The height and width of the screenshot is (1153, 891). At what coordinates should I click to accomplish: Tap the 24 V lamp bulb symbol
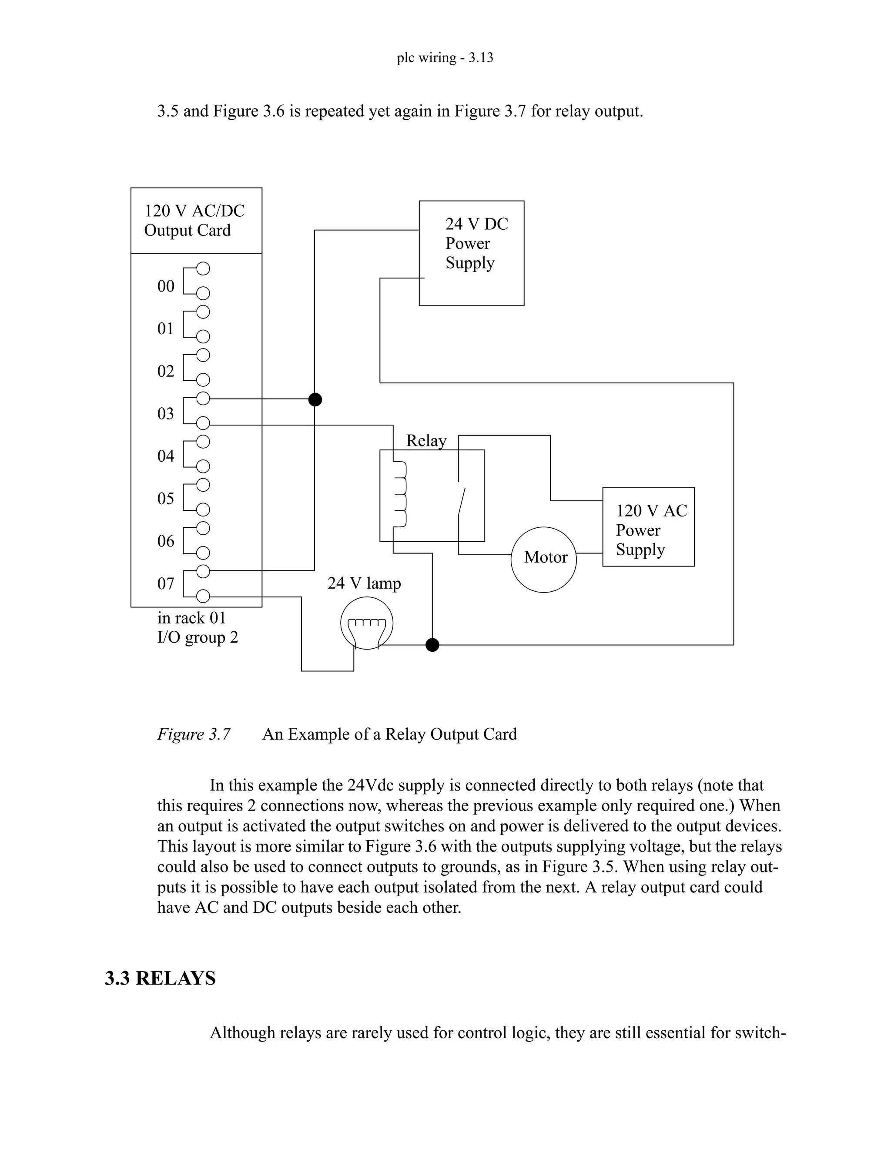[366, 623]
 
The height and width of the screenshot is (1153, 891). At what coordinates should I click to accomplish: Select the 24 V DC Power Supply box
[471, 253]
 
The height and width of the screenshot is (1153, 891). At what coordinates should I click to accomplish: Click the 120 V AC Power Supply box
[648, 526]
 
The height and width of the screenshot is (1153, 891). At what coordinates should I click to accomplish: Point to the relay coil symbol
[400, 494]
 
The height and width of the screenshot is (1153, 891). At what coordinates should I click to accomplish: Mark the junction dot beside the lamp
[432, 645]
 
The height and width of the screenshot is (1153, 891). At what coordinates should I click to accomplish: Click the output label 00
[166, 286]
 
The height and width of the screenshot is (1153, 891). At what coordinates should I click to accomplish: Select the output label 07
[166, 583]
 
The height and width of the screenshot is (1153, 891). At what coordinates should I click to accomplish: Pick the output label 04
[166, 456]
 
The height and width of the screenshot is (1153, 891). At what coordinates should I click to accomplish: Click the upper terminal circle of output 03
[203, 399]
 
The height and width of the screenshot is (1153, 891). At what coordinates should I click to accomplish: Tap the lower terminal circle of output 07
[203, 597]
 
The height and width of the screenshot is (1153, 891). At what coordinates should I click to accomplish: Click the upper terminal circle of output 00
[203, 268]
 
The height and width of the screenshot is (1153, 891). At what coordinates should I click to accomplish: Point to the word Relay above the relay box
[426, 440]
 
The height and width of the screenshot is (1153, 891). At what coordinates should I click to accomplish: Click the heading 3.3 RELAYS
[160, 978]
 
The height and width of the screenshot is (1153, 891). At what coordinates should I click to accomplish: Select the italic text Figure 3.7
[194, 734]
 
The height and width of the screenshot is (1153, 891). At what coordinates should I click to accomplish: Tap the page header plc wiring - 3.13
[445, 57]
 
